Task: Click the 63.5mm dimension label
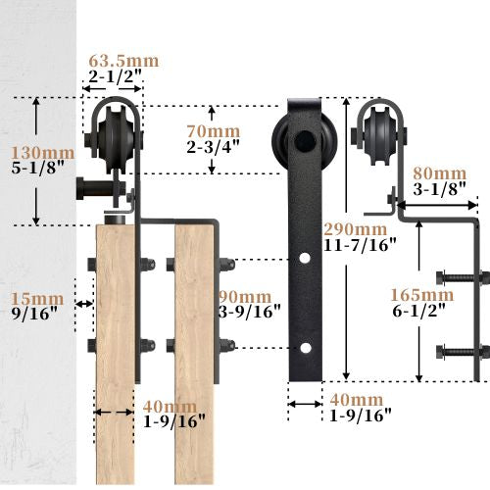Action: pos(122,62)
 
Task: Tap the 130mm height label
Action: pos(41,153)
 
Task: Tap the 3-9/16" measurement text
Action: pos(249,313)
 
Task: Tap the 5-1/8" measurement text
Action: pos(39,170)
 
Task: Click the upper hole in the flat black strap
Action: pos(306,260)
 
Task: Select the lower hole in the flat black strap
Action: pos(306,348)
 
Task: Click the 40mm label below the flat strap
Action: pos(356,399)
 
